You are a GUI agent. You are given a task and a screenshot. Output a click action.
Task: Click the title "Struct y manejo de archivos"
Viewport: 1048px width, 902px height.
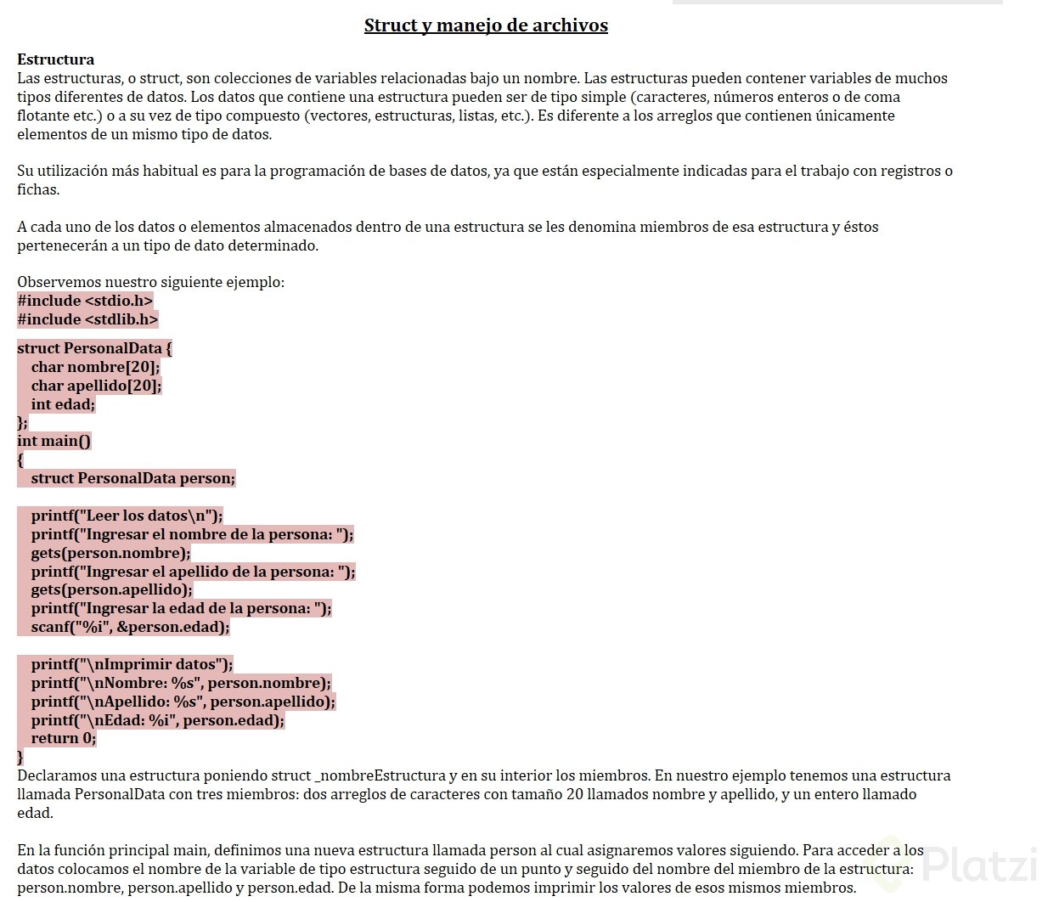[486, 25]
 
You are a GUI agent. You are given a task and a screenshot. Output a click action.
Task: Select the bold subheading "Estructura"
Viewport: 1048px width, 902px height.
[56, 59]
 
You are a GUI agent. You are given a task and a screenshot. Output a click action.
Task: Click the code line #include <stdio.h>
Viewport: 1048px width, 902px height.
[85, 301]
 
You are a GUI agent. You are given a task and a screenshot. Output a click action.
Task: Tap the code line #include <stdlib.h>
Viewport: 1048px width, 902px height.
[87, 319]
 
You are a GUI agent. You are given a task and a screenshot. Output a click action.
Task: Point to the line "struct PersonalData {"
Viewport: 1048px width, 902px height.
[95, 348]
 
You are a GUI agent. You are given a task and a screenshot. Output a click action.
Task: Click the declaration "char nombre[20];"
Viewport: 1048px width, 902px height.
[95, 367]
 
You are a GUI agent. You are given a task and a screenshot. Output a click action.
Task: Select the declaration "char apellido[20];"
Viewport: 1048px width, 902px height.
[96, 386]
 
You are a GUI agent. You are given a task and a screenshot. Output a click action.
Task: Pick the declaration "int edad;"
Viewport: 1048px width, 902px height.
[63, 404]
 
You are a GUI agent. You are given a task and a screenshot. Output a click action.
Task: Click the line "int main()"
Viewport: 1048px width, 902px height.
[54, 441]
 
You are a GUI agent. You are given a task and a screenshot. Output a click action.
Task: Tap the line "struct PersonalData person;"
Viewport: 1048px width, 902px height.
[132, 478]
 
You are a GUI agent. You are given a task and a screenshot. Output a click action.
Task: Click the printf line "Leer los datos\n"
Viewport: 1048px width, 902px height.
[127, 516]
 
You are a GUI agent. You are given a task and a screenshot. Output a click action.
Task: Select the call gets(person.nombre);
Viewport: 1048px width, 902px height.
[110, 553]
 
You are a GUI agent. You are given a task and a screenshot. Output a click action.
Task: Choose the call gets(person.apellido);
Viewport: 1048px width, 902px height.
[111, 589]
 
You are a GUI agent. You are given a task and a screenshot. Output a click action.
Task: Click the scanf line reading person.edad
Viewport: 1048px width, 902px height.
[130, 627]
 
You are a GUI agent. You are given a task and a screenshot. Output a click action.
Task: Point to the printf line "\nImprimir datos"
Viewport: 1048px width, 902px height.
[132, 664]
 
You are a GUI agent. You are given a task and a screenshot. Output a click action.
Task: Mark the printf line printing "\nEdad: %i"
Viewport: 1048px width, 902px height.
[157, 720]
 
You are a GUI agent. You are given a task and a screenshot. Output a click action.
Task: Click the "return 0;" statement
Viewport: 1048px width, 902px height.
[64, 738]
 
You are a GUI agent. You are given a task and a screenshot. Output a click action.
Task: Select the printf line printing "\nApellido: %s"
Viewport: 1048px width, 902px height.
[183, 702]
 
